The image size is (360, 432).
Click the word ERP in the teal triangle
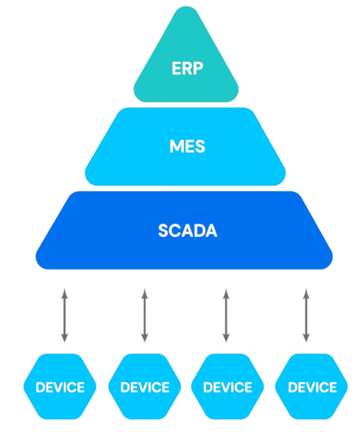click(x=187, y=69)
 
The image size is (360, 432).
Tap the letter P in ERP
click(x=198, y=69)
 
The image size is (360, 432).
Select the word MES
click(x=187, y=146)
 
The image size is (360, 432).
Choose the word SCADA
click(x=188, y=231)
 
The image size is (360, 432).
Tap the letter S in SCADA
click(x=163, y=231)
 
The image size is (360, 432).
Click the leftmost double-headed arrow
click(x=65, y=315)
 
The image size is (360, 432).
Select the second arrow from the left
click(x=144, y=315)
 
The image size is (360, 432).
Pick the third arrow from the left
click(x=226, y=315)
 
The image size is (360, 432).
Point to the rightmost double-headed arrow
click(x=306, y=315)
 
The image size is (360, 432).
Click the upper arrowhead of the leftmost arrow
click(x=65, y=293)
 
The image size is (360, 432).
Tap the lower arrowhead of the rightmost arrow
click(x=306, y=338)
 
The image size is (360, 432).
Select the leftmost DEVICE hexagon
click(x=60, y=386)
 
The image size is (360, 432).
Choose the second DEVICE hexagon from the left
click(x=144, y=386)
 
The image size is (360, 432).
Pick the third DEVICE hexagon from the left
click(x=227, y=386)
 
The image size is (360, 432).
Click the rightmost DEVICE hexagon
click(x=312, y=386)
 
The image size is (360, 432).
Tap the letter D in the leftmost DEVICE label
click(x=40, y=387)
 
